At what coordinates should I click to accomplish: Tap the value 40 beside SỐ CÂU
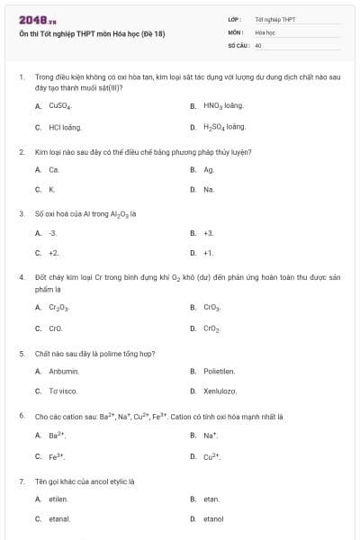coord(258,44)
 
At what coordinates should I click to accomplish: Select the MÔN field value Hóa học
coord(265,31)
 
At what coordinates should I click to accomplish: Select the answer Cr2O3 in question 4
coord(58,308)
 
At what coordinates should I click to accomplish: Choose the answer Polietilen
coord(219,371)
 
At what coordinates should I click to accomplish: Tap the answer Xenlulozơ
coord(220,391)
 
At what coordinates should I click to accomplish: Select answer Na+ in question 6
coord(211,436)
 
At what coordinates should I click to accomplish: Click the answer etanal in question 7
coord(59,519)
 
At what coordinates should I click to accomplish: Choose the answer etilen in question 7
coord(58,499)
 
